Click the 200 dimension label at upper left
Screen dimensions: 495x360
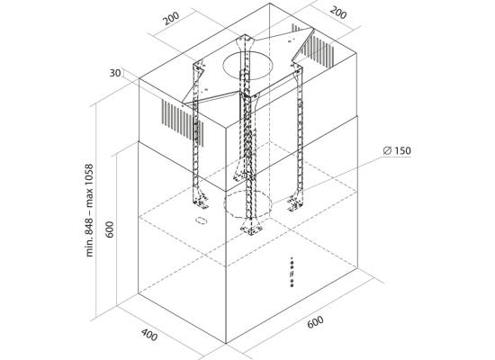171,18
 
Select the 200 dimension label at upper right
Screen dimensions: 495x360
338,13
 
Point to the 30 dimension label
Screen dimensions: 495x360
115,73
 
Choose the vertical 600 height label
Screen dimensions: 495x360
109,229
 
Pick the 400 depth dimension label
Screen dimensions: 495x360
149,335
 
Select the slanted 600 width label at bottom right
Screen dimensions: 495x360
315,322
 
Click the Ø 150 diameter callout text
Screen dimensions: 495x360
397,150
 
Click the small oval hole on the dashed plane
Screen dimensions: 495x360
201,220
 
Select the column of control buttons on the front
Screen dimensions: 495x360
292,272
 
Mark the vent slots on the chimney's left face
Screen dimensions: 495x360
183,123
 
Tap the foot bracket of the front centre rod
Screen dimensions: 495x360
251,229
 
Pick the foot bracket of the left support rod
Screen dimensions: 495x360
201,202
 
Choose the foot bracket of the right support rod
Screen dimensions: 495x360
294,202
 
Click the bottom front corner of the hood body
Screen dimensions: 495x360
226,343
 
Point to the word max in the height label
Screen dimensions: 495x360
90,200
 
